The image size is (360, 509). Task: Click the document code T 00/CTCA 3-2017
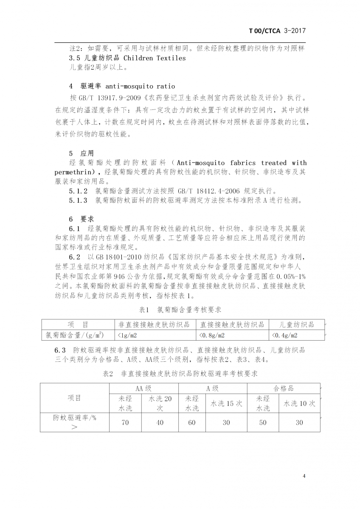[x=277, y=31]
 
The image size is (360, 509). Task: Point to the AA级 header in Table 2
[x=143, y=388]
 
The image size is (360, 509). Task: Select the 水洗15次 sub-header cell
[x=227, y=403]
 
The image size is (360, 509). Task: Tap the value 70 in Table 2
[x=125, y=422]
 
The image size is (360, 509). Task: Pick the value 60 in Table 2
[x=192, y=422]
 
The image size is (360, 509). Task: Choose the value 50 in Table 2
[x=263, y=422]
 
